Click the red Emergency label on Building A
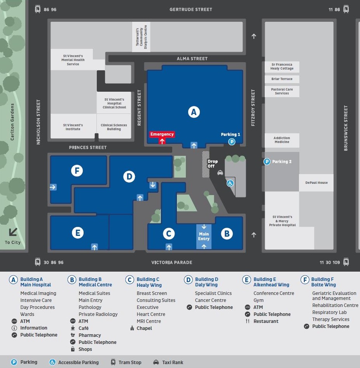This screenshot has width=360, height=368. tap(162, 134)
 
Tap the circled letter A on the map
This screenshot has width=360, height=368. tap(194, 112)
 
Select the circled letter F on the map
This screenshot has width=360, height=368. tap(77, 170)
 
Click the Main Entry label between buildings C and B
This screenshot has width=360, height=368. tap(204, 236)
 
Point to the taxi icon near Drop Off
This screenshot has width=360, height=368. tap(220, 173)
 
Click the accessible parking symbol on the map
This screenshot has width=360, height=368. tap(230, 183)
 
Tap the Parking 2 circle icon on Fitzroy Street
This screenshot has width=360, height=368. tap(267, 162)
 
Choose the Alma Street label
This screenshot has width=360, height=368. tap(192, 59)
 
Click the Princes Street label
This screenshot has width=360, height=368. tap(87, 147)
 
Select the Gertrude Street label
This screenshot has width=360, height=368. tap(190, 9)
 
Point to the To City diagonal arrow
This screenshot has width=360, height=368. tap(13, 232)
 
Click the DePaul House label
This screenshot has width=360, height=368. tap(316, 183)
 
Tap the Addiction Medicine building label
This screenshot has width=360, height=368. tap(282, 140)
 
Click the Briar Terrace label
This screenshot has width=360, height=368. tap(282, 79)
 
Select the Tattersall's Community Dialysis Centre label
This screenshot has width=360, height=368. tap(141, 37)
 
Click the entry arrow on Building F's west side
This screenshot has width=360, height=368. tap(53, 187)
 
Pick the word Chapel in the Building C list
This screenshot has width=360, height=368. tap(144, 328)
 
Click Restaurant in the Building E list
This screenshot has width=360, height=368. tap(266, 321)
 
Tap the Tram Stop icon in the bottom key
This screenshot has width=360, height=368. tap(113, 362)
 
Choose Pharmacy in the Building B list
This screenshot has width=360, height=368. tap(90, 335)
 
